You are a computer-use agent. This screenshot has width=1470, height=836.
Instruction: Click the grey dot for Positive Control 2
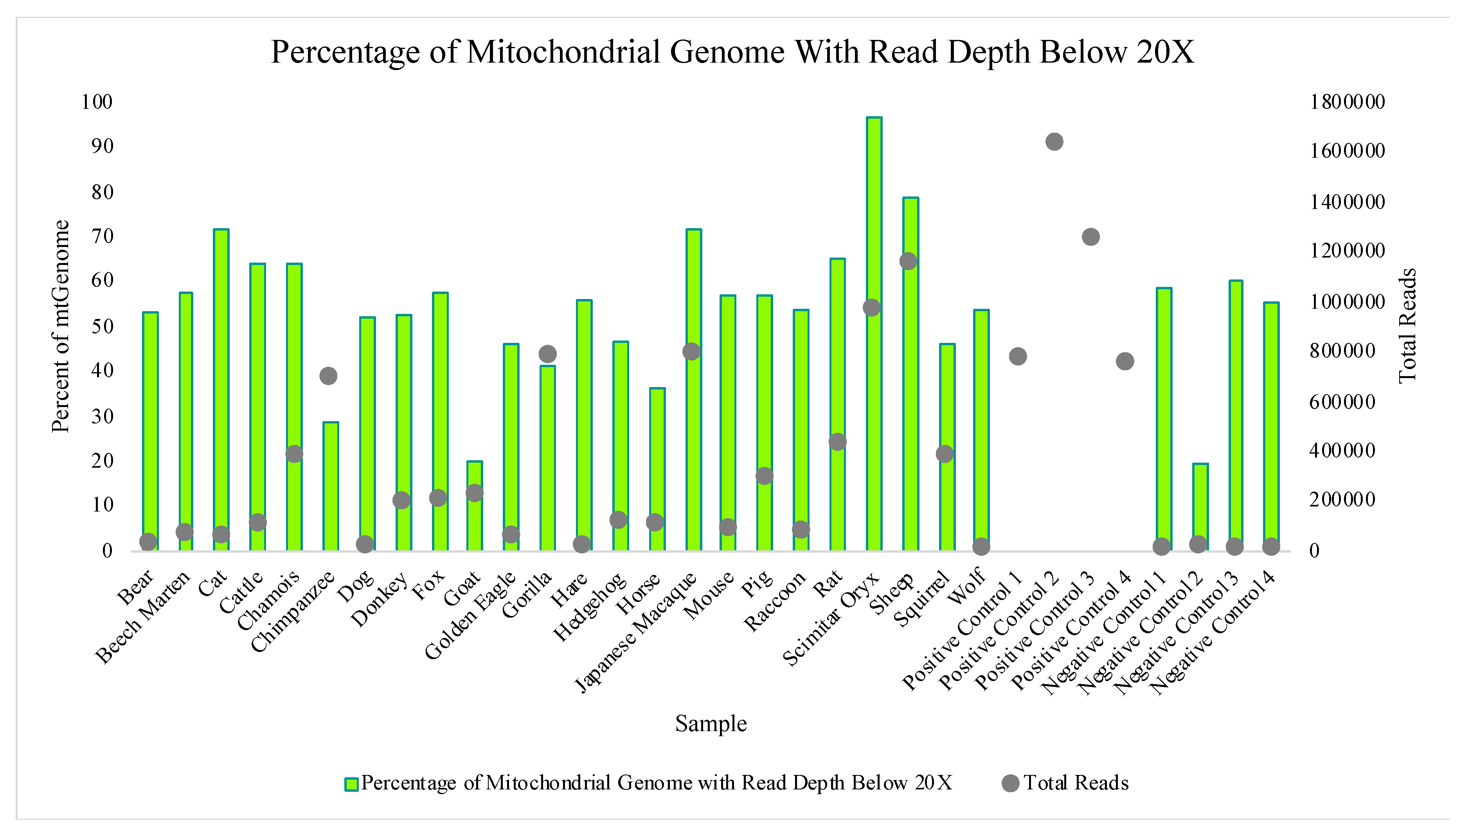click(x=1054, y=142)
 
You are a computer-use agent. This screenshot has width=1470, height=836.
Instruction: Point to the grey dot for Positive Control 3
click(x=1090, y=237)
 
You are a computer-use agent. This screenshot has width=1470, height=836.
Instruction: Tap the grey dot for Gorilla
click(x=548, y=354)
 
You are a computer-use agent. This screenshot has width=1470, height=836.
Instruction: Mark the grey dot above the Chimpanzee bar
click(x=328, y=376)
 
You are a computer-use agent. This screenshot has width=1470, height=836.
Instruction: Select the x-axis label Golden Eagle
click(x=471, y=616)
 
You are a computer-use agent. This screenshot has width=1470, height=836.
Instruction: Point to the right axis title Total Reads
click(x=1407, y=326)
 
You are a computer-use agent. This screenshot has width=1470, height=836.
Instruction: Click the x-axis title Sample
click(x=711, y=723)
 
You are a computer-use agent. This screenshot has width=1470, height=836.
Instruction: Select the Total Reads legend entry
click(x=1065, y=783)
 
